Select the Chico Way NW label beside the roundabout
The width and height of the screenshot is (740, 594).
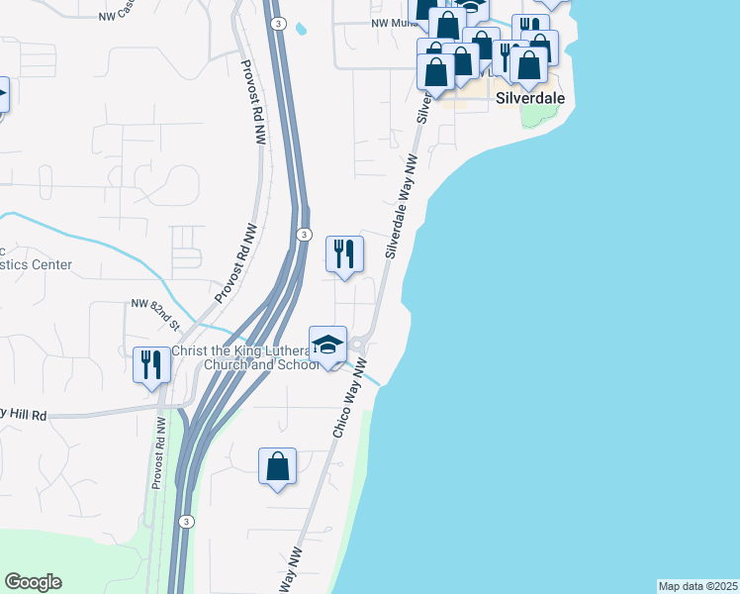pyautogui.click(x=352, y=402)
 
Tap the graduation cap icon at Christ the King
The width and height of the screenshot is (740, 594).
pyautogui.click(x=327, y=344)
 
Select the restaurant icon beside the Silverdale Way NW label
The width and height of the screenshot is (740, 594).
pyautogui.click(x=344, y=253)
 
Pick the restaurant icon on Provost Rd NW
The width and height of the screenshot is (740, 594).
pyautogui.click(x=151, y=363)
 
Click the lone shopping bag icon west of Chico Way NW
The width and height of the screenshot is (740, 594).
pyautogui.click(x=278, y=466)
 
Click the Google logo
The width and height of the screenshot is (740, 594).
pyautogui.click(x=33, y=582)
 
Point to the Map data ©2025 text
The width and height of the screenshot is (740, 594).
pyautogui.click(x=696, y=586)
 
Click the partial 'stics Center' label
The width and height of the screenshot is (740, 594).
pyautogui.click(x=36, y=264)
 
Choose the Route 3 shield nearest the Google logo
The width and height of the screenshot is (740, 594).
pyautogui.click(x=186, y=521)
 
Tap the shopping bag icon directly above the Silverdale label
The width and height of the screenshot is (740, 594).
pyautogui.click(x=529, y=64)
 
